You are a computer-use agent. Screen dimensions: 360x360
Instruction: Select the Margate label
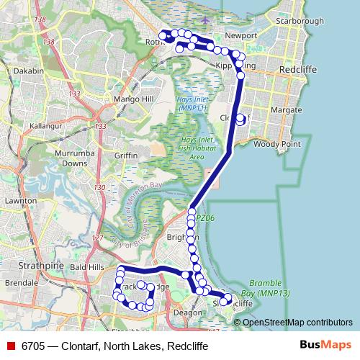tap(286, 110)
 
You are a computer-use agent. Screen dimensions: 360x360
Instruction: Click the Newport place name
tap(240, 35)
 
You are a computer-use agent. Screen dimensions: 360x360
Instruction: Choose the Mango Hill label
tap(130, 99)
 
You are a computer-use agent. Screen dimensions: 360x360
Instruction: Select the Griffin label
tap(125, 155)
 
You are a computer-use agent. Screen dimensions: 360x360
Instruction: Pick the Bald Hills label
tap(89, 266)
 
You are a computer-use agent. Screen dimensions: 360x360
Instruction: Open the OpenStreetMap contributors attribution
tap(297, 323)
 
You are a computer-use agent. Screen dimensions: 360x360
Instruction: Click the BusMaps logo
tap(325, 346)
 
